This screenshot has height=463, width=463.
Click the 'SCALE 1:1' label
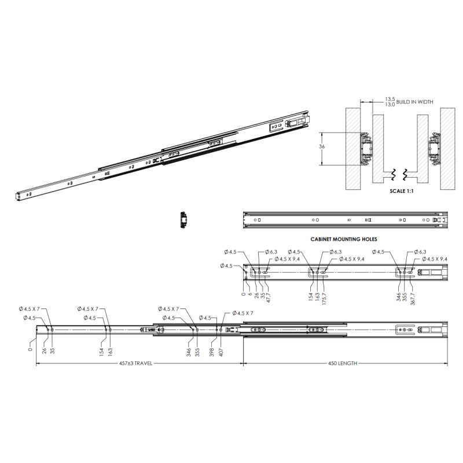pos(401,191)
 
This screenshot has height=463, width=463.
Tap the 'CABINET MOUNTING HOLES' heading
pos(344,239)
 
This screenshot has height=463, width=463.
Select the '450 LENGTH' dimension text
pos(343,363)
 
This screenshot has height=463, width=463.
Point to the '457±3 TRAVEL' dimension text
pos(135,363)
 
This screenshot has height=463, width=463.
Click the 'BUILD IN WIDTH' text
pos(414,102)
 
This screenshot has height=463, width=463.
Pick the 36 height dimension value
pos(322,146)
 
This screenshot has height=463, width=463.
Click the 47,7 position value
pos(268,298)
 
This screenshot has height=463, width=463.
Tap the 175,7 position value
pos(324,299)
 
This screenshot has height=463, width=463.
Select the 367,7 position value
pos(413,299)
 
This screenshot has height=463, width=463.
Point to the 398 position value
pos(211,352)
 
